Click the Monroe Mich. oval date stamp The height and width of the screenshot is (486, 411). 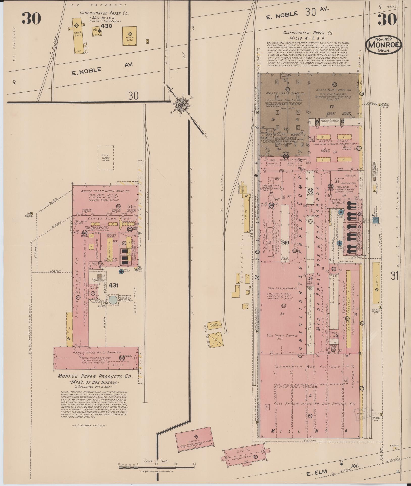click(383, 44)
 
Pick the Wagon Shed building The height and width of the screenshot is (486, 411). click(129, 36)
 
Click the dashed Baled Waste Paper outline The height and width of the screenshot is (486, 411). click(106, 157)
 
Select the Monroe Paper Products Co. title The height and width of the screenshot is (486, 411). click(95, 376)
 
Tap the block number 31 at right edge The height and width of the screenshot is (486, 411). click(394, 276)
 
